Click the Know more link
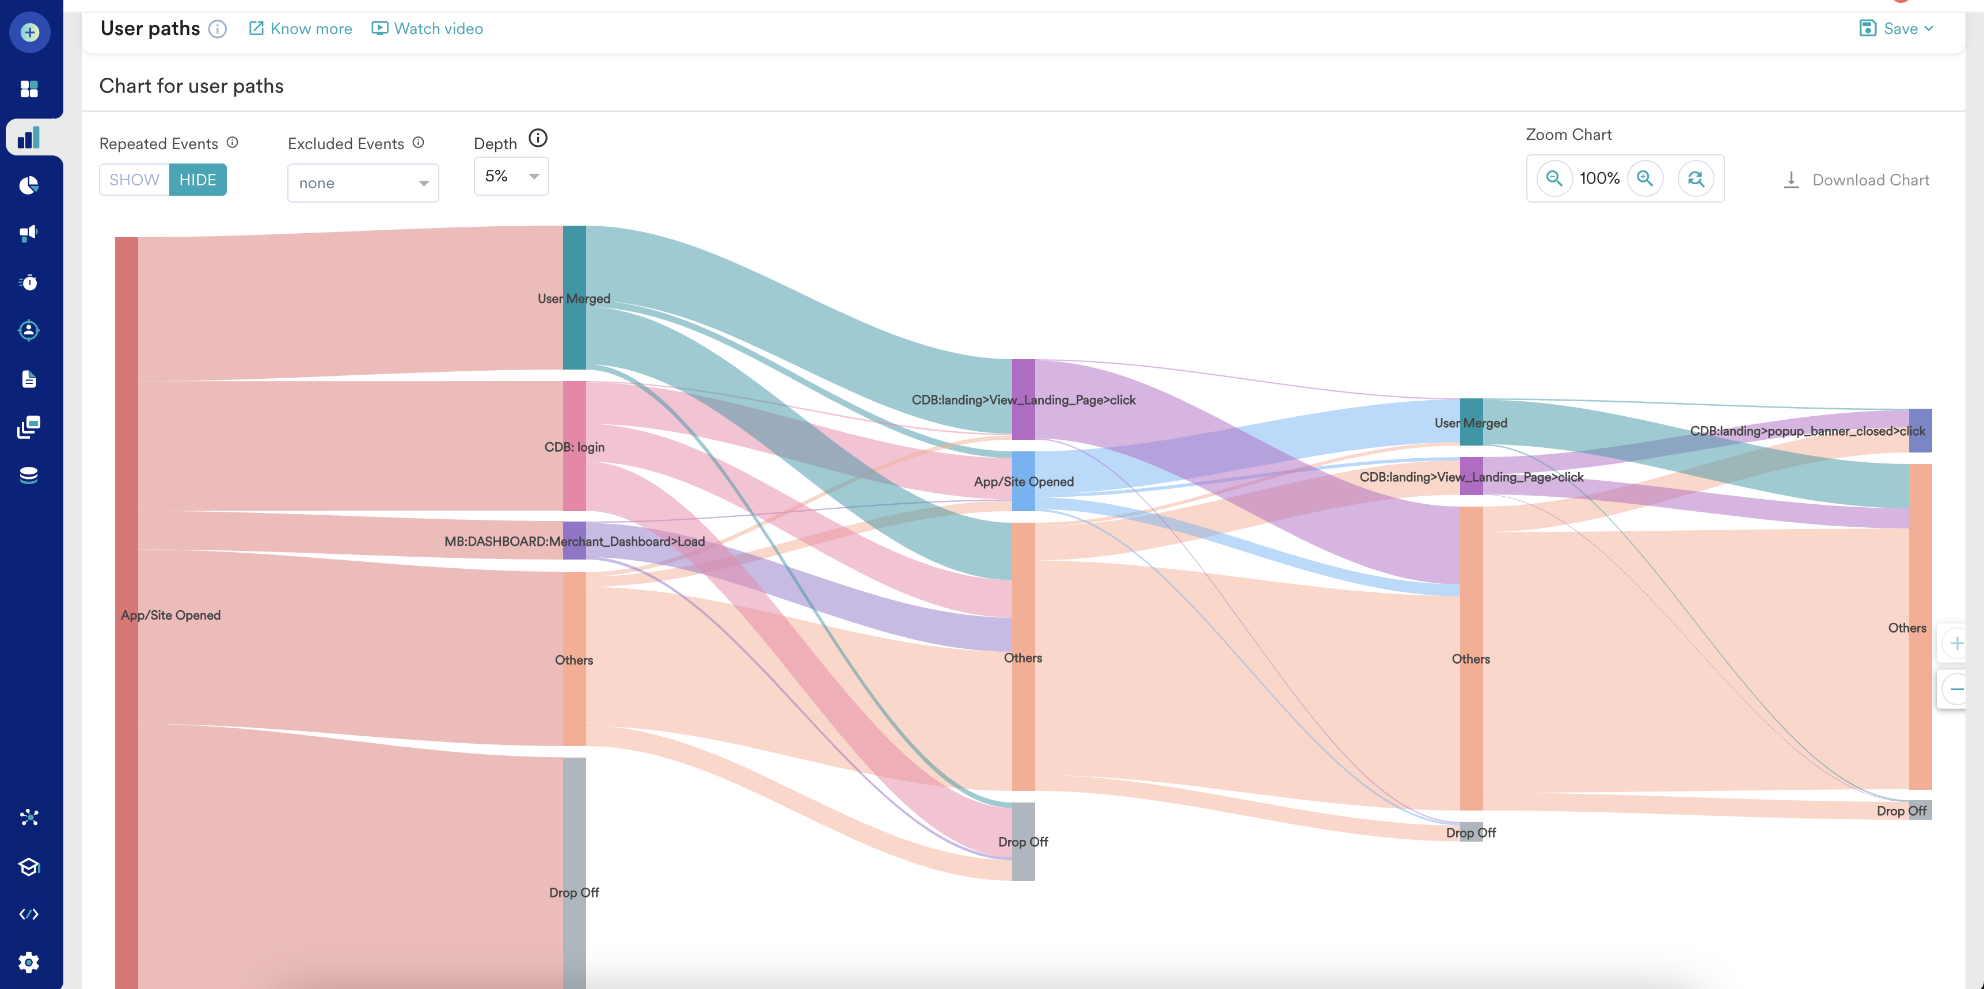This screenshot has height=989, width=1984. pos(301,29)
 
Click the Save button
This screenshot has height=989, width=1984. pos(1896,29)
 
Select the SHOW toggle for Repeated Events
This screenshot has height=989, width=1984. pos(134,180)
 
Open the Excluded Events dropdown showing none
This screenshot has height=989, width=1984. pos(363,183)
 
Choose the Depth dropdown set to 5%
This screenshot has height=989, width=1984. pos(511,176)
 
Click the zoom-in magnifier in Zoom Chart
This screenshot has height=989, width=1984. pos(1645,178)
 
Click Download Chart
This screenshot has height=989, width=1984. pos(1856,180)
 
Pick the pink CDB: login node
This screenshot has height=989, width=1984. pos(574,446)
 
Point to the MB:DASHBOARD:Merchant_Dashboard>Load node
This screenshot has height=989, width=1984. pos(574,541)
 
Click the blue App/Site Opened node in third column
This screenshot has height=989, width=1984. pos(1023,481)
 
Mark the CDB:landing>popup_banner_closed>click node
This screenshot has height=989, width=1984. pos(1920,431)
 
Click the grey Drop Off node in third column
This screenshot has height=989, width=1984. pos(1023,841)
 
